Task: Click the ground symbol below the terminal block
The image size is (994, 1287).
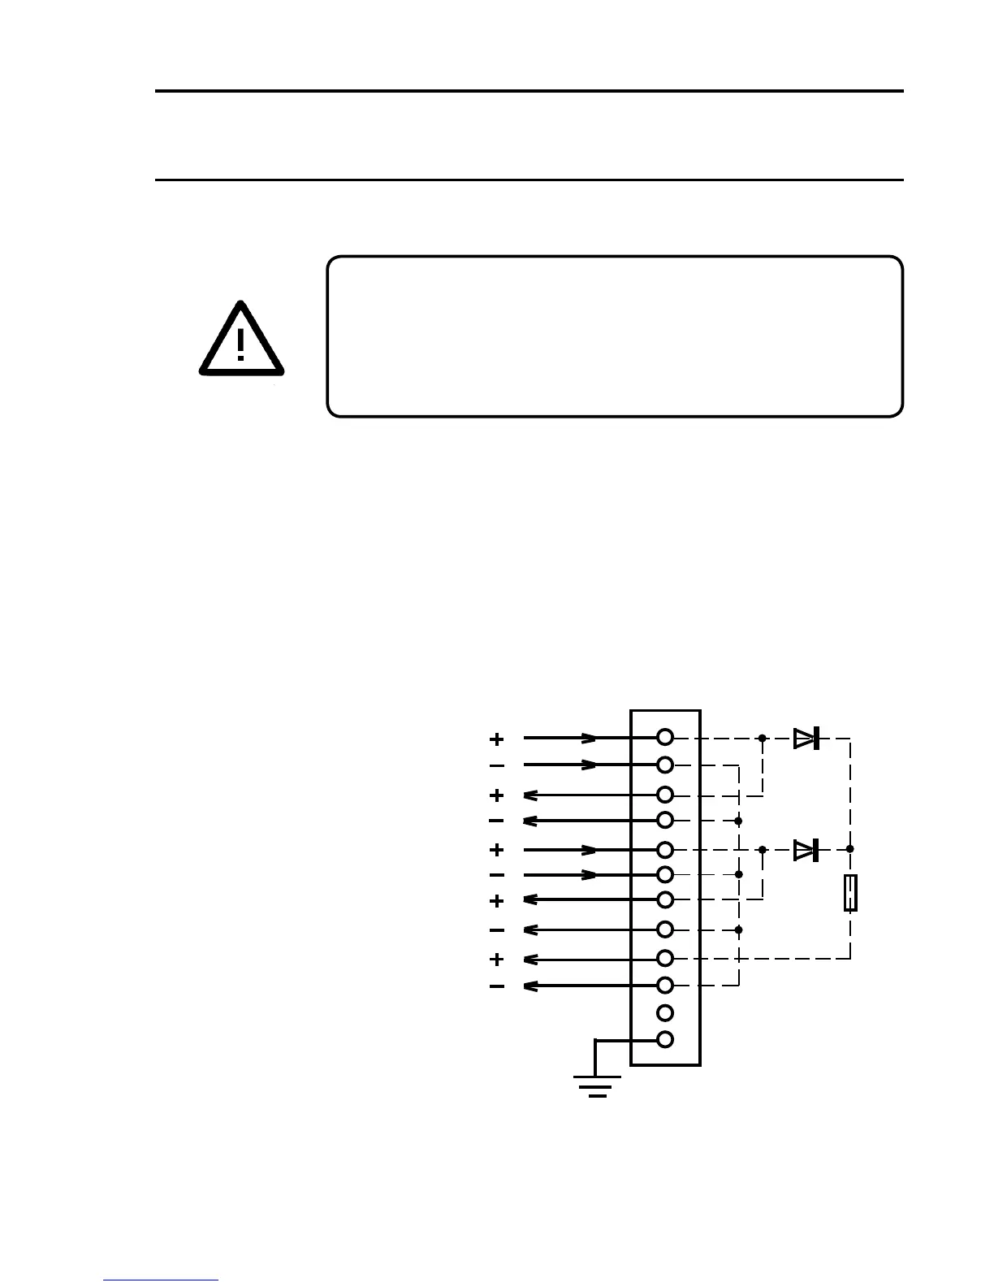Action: point(598,1085)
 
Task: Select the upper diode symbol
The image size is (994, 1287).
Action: point(806,739)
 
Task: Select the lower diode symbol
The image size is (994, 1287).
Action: point(806,850)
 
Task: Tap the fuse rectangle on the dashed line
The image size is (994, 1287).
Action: point(850,893)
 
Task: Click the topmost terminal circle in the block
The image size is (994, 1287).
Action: point(665,738)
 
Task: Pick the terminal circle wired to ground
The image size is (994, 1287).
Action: point(665,1039)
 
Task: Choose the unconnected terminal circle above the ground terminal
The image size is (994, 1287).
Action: point(665,1012)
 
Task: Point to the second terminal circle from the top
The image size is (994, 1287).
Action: point(665,765)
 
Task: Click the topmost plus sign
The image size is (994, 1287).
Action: point(497,739)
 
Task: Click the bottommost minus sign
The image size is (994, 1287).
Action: point(497,987)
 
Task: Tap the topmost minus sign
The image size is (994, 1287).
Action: point(497,765)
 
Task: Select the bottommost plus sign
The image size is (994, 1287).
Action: point(497,960)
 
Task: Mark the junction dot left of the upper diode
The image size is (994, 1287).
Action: point(762,739)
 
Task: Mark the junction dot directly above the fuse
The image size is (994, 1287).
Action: point(850,849)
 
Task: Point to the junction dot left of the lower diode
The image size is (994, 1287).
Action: point(762,850)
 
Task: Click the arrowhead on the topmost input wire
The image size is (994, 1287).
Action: point(590,739)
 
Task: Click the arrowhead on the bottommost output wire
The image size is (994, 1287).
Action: point(529,986)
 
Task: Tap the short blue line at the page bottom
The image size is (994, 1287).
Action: point(161,1280)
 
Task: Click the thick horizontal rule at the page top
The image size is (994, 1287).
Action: point(529,91)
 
